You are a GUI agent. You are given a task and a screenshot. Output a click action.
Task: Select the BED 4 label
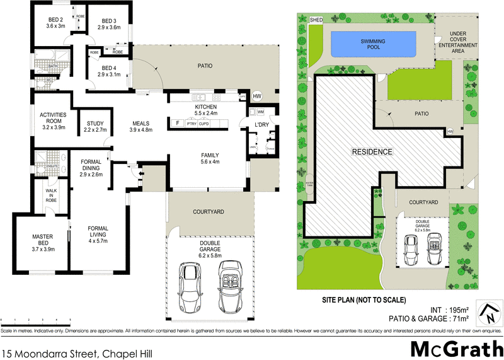tap(109, 71)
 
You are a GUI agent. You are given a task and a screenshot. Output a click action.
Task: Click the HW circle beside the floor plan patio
tap(257, 96)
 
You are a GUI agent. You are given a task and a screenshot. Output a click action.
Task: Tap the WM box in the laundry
tap(261, 112)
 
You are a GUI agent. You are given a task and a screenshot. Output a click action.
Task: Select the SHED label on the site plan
tap(316, 20)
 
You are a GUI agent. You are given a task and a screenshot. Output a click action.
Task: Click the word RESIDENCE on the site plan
tap(372, 152)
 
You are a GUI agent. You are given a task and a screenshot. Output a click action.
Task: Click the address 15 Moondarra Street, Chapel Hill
tap(68, 354)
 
